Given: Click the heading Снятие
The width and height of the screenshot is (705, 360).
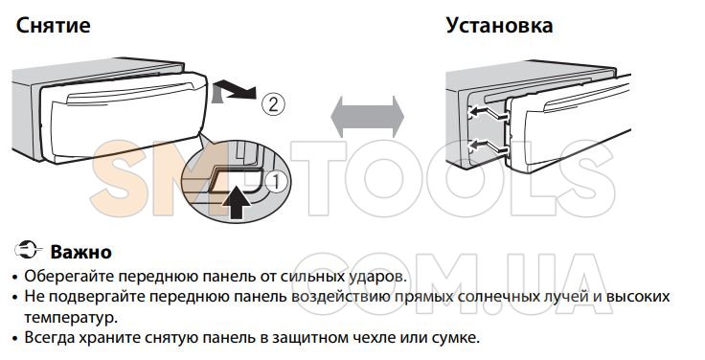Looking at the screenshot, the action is [53, 25].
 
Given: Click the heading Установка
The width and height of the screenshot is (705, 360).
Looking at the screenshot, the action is [499, 25].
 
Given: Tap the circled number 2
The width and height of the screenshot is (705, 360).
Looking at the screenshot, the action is [273, 104].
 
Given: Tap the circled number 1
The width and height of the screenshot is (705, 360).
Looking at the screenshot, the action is [276, 183].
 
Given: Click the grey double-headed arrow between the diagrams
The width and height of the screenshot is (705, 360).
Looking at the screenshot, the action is [367, 117].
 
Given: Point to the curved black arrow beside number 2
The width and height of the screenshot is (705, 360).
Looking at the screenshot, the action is [234, 90].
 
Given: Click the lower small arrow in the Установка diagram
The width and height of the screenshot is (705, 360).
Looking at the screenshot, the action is [488, 146].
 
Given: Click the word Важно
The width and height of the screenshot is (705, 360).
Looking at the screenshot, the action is [80, 252].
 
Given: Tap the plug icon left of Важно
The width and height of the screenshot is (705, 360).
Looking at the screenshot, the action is [29, 250].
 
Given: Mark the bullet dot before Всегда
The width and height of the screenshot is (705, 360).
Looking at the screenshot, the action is [16, 338].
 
